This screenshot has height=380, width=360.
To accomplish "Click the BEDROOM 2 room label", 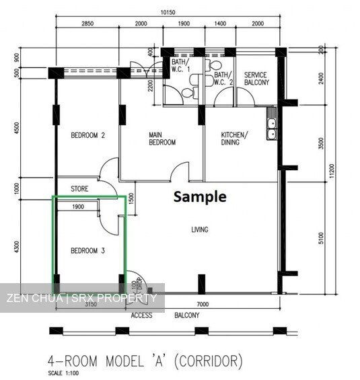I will click(x=88, y=135).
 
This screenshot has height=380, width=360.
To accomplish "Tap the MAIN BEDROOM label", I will click(x=161, y=139).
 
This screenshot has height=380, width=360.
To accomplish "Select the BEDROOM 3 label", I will click(x=88, y=251).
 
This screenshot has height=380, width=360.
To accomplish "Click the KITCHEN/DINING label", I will click(x=234, y=139).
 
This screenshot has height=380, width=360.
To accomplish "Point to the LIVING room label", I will click(x=199, y=230).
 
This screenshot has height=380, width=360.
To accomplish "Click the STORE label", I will click(x=79, y=188).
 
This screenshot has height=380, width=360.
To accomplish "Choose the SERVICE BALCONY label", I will click(x=256, y=79).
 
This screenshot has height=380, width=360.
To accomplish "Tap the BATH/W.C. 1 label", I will click(x=180, y=66).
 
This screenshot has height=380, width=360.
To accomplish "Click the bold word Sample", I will click(x=200, y=197).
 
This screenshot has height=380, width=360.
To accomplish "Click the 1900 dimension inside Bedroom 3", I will click(x=77, y=207).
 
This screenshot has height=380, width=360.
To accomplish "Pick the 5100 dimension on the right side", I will click(x=321, y=238).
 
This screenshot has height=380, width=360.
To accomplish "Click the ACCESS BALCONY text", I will click(x=165, y=315).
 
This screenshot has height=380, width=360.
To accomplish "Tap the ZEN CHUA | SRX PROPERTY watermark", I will click(x=81, y=298).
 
